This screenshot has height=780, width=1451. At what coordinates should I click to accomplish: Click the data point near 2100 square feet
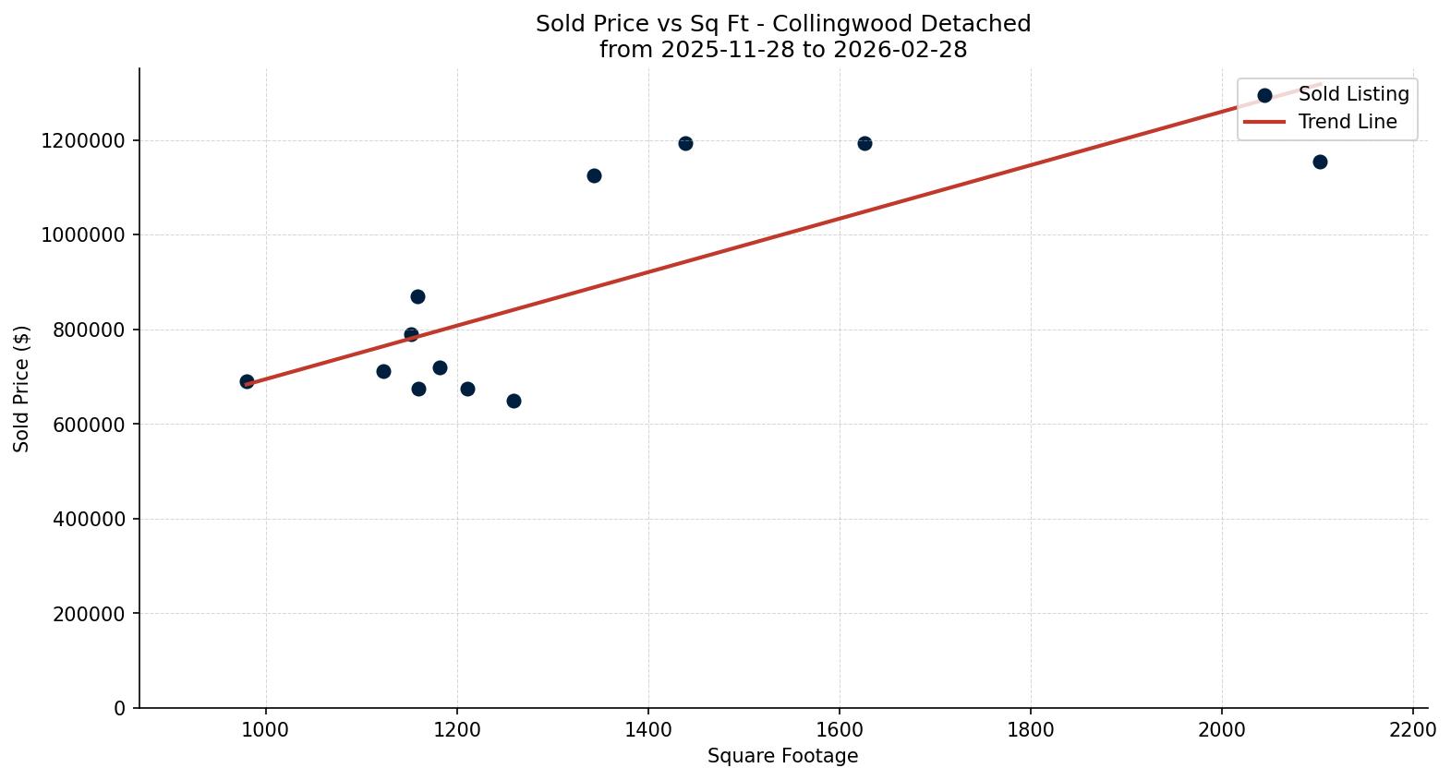click(1320, 162)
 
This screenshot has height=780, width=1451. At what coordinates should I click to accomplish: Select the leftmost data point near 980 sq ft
click(247, 382)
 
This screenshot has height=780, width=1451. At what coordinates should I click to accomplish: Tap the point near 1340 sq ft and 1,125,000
click(594, 176)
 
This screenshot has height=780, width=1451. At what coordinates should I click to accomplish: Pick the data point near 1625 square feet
click(865, 144)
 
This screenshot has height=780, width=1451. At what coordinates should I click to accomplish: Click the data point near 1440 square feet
click(685, 144)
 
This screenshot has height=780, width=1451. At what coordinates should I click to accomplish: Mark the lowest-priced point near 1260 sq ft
click(514, 402)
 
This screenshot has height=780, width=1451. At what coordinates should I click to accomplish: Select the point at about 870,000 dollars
click(417, 297)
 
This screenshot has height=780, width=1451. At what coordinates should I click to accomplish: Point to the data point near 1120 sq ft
click(383, 372)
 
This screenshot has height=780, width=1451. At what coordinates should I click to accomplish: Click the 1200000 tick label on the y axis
click(83, 141)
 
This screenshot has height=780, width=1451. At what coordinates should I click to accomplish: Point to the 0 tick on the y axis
click(119, 709)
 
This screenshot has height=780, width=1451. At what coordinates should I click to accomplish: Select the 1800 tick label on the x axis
click(1031, 729)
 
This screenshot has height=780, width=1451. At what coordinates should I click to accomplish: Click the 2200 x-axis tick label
click(1412, 729)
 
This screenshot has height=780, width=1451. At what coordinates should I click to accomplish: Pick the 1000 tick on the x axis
click(266, 729)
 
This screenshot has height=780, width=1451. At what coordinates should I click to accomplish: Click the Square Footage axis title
click(782, 757)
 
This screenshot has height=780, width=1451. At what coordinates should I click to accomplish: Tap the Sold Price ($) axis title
click(22, 389)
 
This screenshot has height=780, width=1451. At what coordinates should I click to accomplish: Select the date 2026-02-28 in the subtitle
click(900, 50)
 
